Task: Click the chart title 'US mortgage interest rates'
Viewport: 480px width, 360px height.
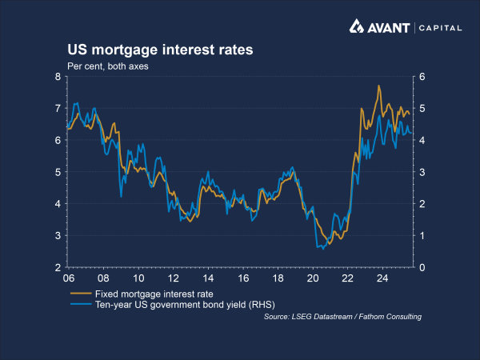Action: coord(160,50)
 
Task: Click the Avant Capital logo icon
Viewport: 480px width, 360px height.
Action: coord(358,27)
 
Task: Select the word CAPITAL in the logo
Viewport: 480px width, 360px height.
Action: coord(439,28)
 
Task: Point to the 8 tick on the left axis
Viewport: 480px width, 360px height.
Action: coord(58,77)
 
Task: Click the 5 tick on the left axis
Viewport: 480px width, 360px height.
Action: coord(58,172)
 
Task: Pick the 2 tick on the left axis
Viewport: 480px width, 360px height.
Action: coord(58,267)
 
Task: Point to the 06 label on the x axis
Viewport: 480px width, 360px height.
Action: coord(70,279)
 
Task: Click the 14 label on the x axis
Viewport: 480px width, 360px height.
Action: coord(207,279)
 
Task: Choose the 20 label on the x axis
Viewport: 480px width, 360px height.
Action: coord(312,279)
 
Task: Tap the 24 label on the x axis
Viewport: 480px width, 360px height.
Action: coord(382,279)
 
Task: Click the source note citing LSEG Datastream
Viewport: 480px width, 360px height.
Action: coord(342,318)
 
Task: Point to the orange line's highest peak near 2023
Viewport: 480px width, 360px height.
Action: coord(378,86)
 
